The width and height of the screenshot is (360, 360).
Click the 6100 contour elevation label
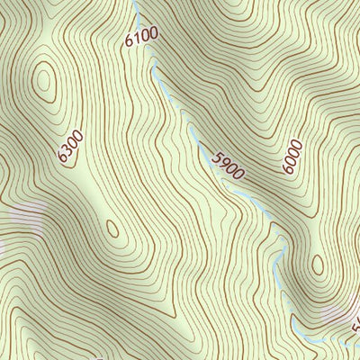pos(142,36)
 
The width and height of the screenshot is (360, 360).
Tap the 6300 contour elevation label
pos(70,147)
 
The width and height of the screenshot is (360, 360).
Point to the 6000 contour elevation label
pos(292,156)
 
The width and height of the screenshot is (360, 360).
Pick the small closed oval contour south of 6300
pos(112,229)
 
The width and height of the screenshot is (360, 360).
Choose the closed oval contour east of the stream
pos(318,265)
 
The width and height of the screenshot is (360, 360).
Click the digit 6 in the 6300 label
pos(63,159)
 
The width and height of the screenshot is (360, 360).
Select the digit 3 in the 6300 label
pos(67,151)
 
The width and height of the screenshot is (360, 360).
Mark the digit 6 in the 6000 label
pos(287,168)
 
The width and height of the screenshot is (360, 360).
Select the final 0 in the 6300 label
pos(77,135)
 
